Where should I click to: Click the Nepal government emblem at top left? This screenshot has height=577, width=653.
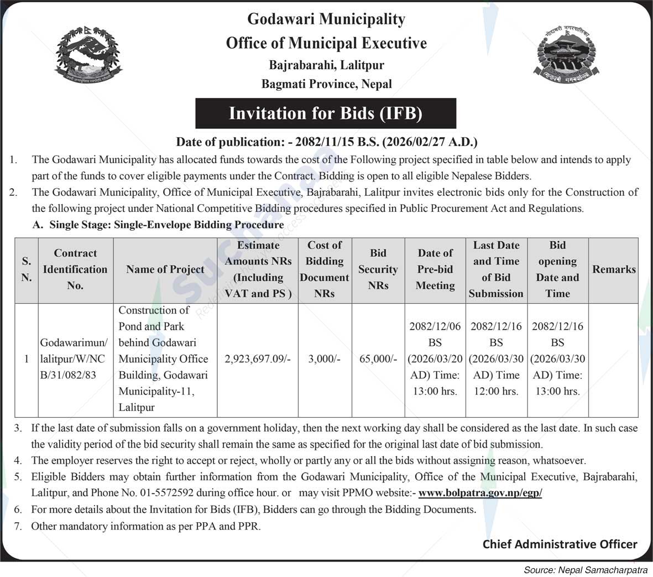(x=88, y=54)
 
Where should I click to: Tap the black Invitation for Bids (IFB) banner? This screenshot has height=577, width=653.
(x=326, y=113)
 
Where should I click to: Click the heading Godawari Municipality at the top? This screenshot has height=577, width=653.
(x=326, y=19)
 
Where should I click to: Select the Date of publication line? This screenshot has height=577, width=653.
(x=326, y=142)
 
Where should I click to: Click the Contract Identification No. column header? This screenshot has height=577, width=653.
(x=75, y=269)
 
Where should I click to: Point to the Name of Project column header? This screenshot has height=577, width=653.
(x=165, y=269)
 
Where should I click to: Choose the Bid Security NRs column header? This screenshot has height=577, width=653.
(x=378, y=269)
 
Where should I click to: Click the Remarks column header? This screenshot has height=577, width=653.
(x=614, y=269)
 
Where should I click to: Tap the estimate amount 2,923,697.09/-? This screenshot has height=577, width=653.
(x=258, y=359)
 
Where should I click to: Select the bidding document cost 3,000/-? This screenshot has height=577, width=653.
(x=324, y=359)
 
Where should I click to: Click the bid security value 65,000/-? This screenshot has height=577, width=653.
(x=378, y=359)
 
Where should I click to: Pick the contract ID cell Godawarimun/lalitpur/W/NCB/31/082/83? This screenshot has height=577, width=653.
(x=75, y=359)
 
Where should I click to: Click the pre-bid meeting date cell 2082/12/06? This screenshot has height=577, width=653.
(x=435, y=359)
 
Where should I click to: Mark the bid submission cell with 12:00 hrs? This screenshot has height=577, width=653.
(x=496, y=359)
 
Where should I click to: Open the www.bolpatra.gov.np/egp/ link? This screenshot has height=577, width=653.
(x=480, y=493)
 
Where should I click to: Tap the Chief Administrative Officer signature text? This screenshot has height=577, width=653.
(x=560, y=544)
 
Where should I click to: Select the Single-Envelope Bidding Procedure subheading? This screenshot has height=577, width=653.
(x=166, y=225)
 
